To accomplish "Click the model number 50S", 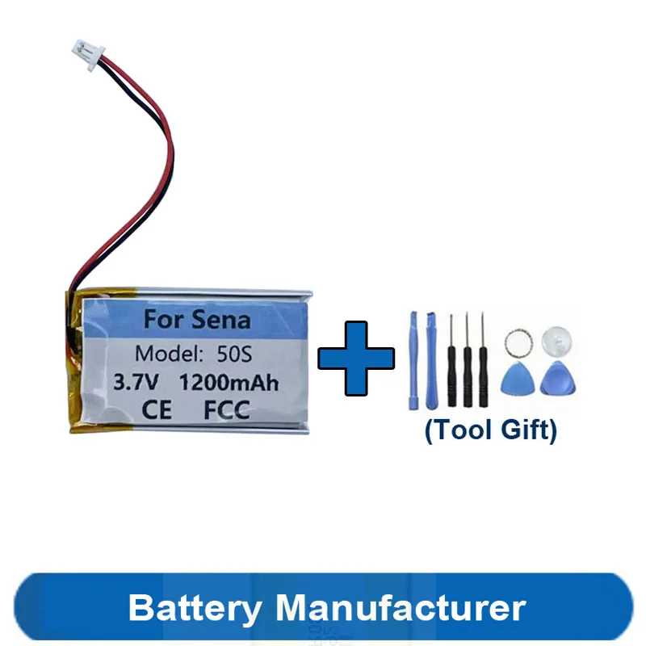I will [235, 353].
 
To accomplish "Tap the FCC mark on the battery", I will [227, 410].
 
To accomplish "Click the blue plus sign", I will [356, 359].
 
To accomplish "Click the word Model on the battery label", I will [166, 353].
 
